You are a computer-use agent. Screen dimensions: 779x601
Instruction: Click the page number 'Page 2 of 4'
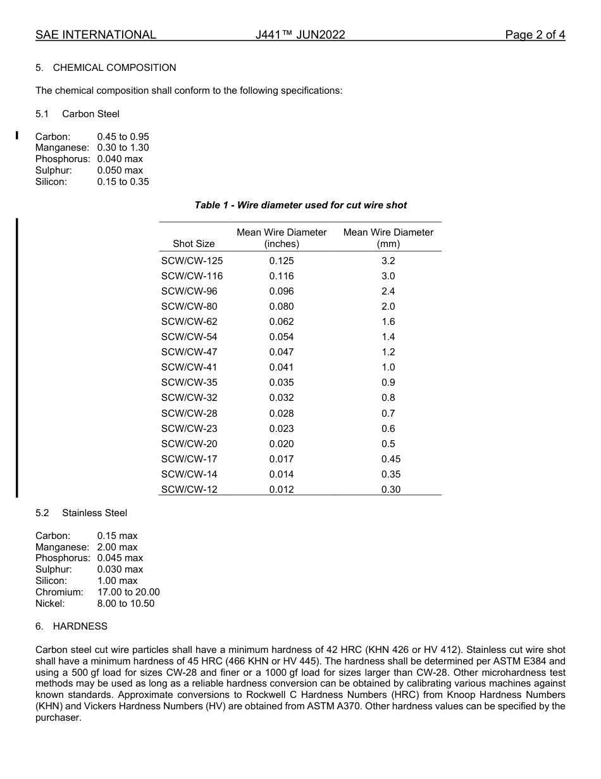click(535, 35)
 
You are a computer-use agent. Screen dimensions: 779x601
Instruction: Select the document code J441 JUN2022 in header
click(300, 35)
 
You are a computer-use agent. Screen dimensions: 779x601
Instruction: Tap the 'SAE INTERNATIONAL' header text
click(96, 35)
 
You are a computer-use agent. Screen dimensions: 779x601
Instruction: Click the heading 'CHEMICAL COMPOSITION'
click(115, 68)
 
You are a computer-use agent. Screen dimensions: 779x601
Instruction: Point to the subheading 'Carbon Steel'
click(90, 114)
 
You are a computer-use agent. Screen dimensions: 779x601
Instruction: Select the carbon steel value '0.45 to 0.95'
click(123, 137)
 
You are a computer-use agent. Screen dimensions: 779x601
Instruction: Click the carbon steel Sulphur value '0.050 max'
click(120, 170)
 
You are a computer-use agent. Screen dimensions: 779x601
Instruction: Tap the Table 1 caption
click(300, 205)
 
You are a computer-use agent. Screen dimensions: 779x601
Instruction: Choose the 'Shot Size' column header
click(194, 244)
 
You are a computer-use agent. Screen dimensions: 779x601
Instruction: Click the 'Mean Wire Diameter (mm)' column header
click(388, 238)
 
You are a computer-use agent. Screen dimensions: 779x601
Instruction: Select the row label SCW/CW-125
click(192, 261)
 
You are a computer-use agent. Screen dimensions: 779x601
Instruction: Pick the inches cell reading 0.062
click(282, 322)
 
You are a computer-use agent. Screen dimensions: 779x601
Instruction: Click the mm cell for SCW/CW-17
click(390, 459)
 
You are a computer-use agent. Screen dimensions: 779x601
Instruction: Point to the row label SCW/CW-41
click(189, 367)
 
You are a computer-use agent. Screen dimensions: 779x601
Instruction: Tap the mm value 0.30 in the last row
click(390, 490)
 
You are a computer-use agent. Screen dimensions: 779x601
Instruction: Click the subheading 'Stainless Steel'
click(94, 513)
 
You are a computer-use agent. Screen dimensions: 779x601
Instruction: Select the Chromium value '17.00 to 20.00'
click(128, 592)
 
